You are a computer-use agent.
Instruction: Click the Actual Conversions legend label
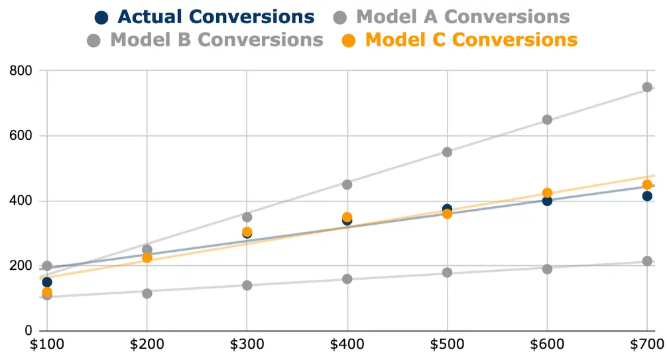click(215, 17)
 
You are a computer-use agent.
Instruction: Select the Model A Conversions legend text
click(463, 17)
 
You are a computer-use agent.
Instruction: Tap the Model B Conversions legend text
click(217, 40)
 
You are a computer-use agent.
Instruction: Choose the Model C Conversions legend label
click(471, 40)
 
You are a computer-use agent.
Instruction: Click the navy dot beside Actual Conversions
click(101, 17)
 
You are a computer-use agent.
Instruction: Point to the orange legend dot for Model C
click(349, 40)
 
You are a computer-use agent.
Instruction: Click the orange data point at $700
click(647, 184)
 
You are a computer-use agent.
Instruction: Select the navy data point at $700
click(647, 196)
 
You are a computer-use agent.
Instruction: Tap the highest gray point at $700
click(647, 87)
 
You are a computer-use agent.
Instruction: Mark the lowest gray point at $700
click(647, 261)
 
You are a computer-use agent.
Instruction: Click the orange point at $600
click(547, 193)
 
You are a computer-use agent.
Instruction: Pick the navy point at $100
click(46, 282)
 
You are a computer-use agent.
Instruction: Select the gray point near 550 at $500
click(447, 152)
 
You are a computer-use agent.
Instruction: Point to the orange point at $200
click(147, 258)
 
